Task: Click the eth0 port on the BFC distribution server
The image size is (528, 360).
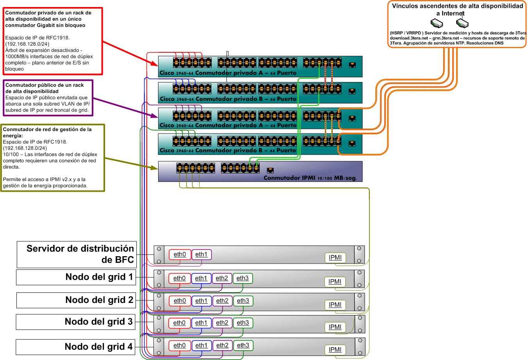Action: pos(180,255)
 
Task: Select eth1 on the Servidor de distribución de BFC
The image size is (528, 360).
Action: pos(201,255)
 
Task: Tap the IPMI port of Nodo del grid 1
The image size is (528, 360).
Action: pos(335,282)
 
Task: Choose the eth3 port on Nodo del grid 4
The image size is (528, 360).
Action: pos(243,346)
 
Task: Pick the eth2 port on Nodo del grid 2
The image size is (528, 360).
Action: pos(222,301)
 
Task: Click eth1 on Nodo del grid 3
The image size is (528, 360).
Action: pos(201,323)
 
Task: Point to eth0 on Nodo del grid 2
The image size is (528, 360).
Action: pos(180,301)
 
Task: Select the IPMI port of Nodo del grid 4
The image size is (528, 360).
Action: pos(335,350)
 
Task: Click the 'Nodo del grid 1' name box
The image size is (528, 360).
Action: pos(76,277)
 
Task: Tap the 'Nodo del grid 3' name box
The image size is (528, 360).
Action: pos(76,322)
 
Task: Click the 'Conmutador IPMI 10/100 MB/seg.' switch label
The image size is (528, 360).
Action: pos(310,178)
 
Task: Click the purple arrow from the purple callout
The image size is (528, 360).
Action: pos(125,107)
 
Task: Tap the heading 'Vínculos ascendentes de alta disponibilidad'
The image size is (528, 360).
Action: pos(457,6)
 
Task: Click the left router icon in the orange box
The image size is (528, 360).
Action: pos(437,23)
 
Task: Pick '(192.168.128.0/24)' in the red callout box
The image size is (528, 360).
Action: pos(27,44)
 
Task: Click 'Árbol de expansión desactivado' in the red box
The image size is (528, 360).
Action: pos(43,50)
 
